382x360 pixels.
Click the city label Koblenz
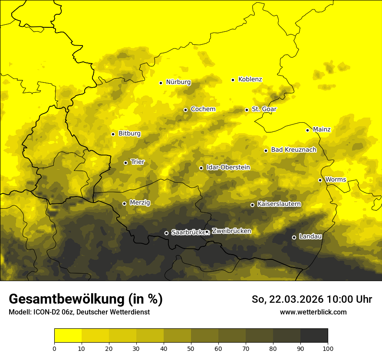tap(250, 79)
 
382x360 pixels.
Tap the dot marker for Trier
tap(126, 163)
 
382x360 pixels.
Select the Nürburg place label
tap(178, 82)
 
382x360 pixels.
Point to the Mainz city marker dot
tap(307, 130)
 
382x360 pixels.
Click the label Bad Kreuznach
tap(293, 150)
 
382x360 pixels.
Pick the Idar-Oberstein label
tap(228, 167)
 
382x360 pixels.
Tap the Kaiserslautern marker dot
tap(252, 205)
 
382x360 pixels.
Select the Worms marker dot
tap(320, 180)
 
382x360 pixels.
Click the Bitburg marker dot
tap(113, 134)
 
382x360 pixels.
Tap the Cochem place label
tap(203, 109)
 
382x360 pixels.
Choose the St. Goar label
tap(264, 109)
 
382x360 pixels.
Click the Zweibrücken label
tap(231, 231)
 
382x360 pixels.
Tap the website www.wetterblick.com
tap(313, 312)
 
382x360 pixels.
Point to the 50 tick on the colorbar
tap(191, 348)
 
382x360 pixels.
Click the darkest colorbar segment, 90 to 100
tap(314, 336)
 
